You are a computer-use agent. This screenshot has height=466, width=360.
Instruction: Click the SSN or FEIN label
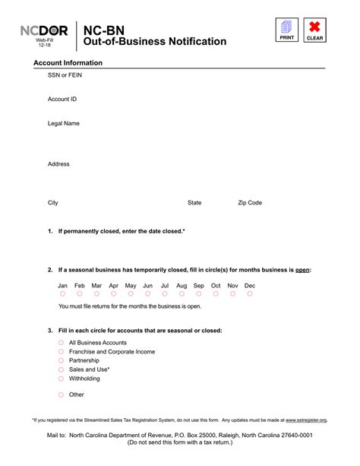point(65,76)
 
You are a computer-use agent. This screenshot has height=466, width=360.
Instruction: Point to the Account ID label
point(62,100)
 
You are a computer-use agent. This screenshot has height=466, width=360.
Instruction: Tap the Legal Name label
point(64,123)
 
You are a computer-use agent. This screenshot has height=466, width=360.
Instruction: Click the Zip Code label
point(250,203)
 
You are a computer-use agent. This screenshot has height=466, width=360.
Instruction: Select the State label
point(194,203)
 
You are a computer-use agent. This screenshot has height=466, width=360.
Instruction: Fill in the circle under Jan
point(62,293)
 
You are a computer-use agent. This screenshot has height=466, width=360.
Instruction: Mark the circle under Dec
point(250,293)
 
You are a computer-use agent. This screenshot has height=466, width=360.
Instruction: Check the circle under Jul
point(164,293)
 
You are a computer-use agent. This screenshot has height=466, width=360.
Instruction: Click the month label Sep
point(199,285)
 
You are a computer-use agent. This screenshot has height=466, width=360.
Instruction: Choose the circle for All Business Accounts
point(61,343)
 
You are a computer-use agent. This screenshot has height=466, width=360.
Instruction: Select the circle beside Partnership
point(61,360)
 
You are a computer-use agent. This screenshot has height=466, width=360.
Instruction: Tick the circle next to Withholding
point(61,378)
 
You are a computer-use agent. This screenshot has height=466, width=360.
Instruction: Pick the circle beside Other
point(61,395)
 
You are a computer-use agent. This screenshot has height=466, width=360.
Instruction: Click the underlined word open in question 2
point(302,270)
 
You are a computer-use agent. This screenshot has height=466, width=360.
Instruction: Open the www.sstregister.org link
point(306,420)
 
